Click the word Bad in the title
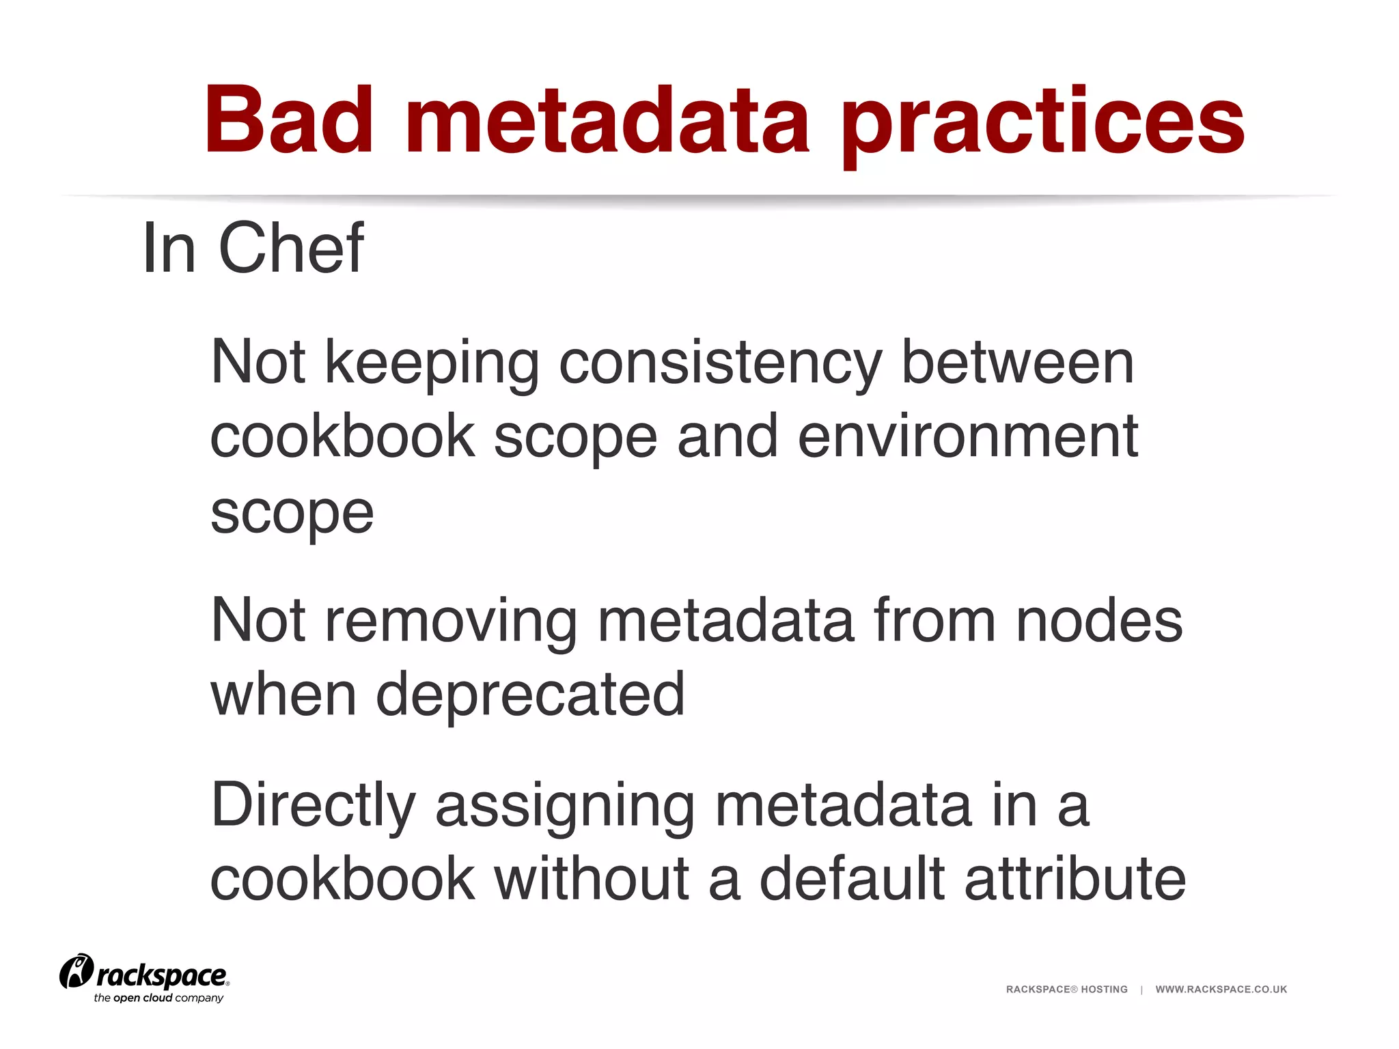tap(289, 121)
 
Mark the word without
tap(592, 879)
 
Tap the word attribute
tap(1075, 879)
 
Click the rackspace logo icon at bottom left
tap(76, 972)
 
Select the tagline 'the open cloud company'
tap(158, 998)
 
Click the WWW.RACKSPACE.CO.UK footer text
tap(1221, 990)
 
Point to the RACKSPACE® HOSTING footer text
tap(1066, 990)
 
